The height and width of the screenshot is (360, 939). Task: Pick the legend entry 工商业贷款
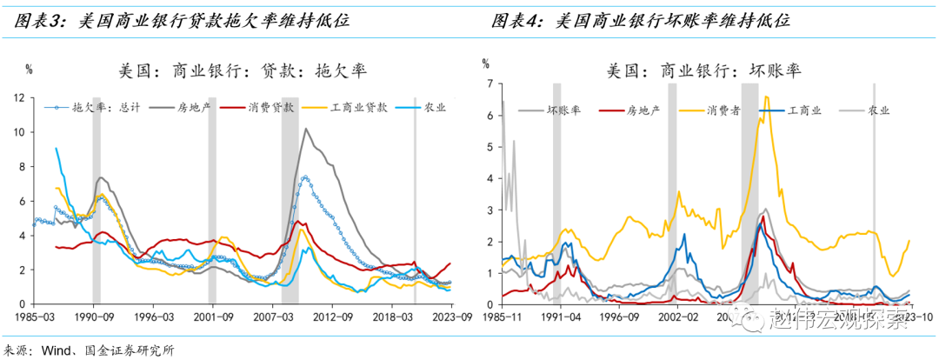[x=357, y=108]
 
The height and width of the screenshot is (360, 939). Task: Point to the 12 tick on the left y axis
[x=22, y=97]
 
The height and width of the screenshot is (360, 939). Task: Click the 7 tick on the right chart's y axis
[x=490, y=84]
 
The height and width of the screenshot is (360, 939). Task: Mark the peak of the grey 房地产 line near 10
[x=305, y=129]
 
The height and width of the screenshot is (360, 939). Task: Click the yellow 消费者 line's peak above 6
[x=767, y=97]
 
